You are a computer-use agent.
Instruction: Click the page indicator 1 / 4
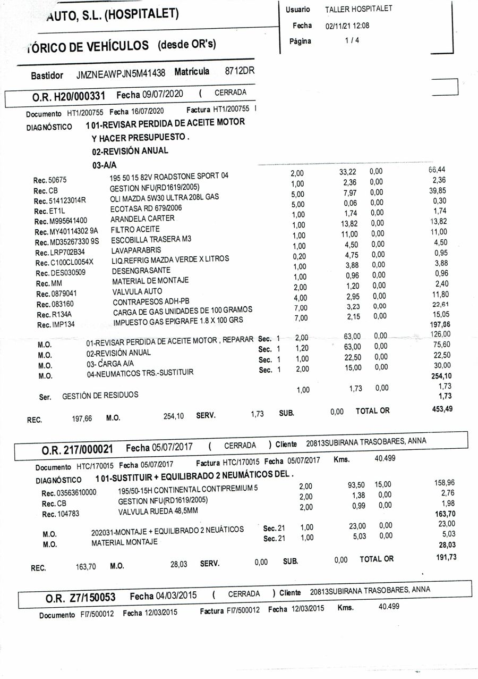[x=351, y=40]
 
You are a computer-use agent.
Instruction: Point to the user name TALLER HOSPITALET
[x=358, y=10]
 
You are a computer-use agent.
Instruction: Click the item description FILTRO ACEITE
[x=135, y=230]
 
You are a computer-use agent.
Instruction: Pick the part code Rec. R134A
[x=50, y=315]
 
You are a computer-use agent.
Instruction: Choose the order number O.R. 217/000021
[x=76, y=450]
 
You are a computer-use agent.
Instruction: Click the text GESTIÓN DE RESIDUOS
[x=100, y=395]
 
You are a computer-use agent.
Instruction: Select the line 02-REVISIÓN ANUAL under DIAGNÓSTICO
[x=130, y=151]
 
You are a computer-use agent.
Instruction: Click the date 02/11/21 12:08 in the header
[x=347, y=26]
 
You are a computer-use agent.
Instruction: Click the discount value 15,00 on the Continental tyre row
[x=382, y=484]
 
